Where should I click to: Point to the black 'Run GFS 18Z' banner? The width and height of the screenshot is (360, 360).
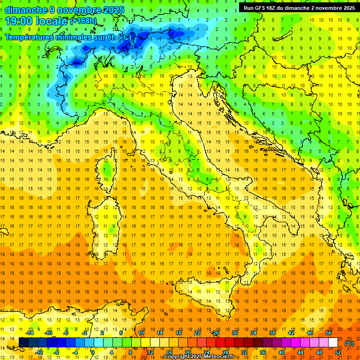click(298, 8)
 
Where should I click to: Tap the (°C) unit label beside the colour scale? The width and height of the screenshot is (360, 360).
click(349, 343)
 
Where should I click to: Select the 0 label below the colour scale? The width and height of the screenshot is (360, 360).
click(93, 352)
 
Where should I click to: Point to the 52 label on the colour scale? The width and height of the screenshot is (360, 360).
click(337, 352)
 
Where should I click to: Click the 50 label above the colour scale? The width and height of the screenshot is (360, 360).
click(329, 333)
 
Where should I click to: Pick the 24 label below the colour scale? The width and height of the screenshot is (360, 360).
click(206, 352)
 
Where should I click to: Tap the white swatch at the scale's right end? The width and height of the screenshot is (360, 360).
click(333, 343)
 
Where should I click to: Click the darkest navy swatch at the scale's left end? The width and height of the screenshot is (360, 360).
click(23, 343)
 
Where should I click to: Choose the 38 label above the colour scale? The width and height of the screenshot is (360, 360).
click(272, 333)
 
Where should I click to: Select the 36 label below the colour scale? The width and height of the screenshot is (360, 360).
click(262, 352)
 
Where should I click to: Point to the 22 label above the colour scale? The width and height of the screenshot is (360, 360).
click(197, 333)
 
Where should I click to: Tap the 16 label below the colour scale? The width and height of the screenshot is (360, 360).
click(169, 352)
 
